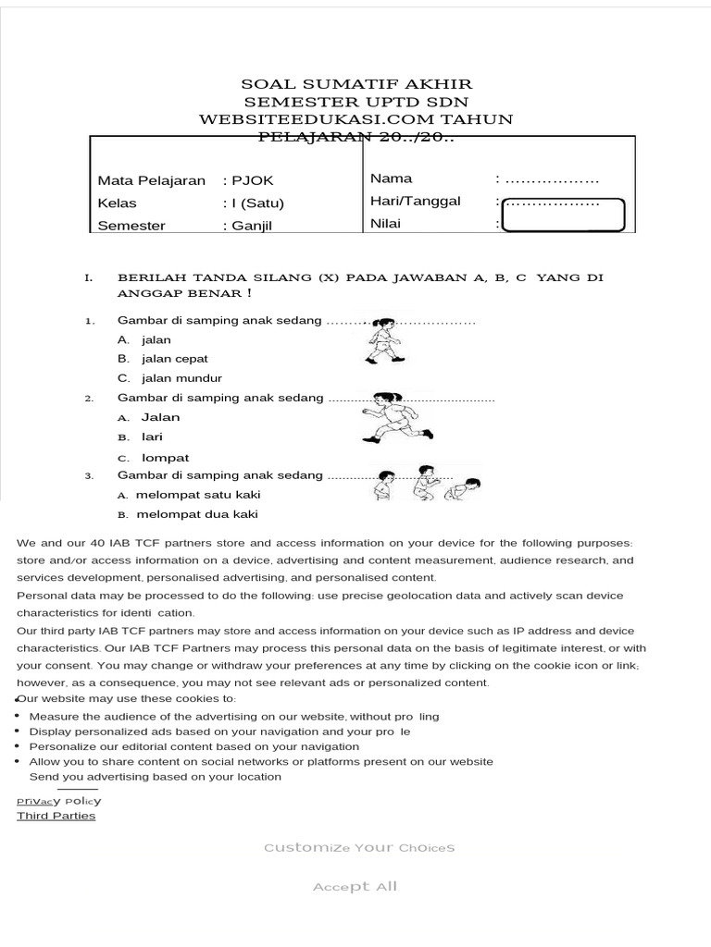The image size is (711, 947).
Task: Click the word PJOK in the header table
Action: tap(252, 180)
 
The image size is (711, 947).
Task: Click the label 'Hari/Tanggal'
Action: tap(416, 201)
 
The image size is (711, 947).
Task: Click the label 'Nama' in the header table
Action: tap(392, 178)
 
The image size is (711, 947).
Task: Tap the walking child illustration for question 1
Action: tap(381, 340)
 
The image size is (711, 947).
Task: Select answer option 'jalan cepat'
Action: tap(175, 359)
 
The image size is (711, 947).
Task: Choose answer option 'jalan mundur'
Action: tap(181, 378)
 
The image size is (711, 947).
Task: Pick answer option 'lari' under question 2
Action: tap(152, 437)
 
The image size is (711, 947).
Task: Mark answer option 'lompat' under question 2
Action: tap(165, 458)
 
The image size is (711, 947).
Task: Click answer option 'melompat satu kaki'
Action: tap(197, 495)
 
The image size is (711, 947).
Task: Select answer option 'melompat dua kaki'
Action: tap(196, 514)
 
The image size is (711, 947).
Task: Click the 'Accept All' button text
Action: tap(355, 887)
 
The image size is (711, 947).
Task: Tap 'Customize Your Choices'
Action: tap(359, 848)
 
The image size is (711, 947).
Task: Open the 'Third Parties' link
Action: tap(56, 816)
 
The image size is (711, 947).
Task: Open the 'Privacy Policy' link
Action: tap(59, 801)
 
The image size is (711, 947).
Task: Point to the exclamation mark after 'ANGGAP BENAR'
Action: tap(249, 293)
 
